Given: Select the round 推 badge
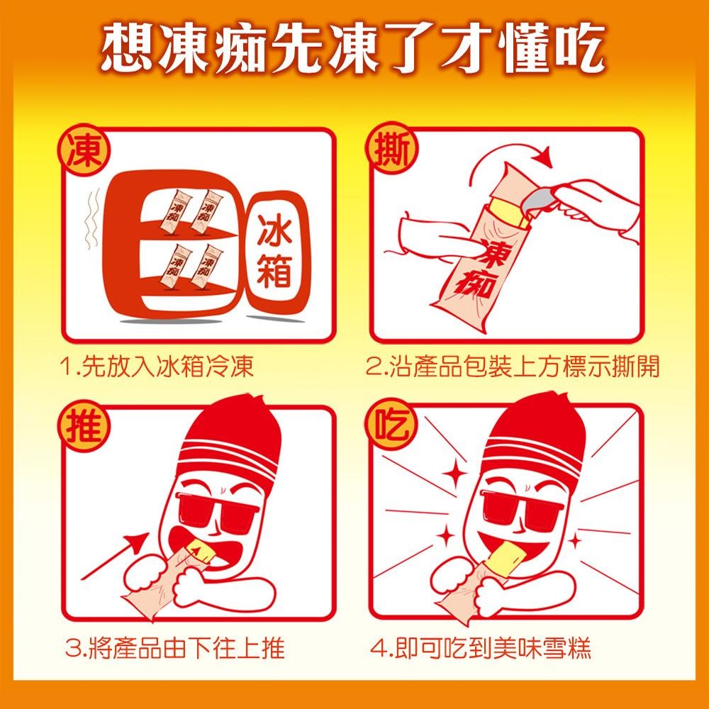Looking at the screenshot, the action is pyautogui.click(x=84, y=426).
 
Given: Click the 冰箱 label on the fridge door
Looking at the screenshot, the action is pyautogui.click(x=274, y=250).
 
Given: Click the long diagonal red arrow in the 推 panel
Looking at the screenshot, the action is pyautogui.click(x=115, y=555).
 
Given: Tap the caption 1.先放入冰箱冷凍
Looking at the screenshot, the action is pyautogui.click(x=157, y=366).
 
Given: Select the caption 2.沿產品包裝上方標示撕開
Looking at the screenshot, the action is pyautogui.click(x=513, y=366).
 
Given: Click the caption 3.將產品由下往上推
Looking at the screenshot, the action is pyautogui.click(x=174, y=647).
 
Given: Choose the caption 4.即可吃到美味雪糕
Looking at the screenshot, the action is pyautogui.click(x=480, y=647).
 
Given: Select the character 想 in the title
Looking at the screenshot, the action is pyautogui.click(x=128, y=47).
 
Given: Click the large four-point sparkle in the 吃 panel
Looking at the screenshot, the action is pyautogui.click(x=454, y=473).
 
